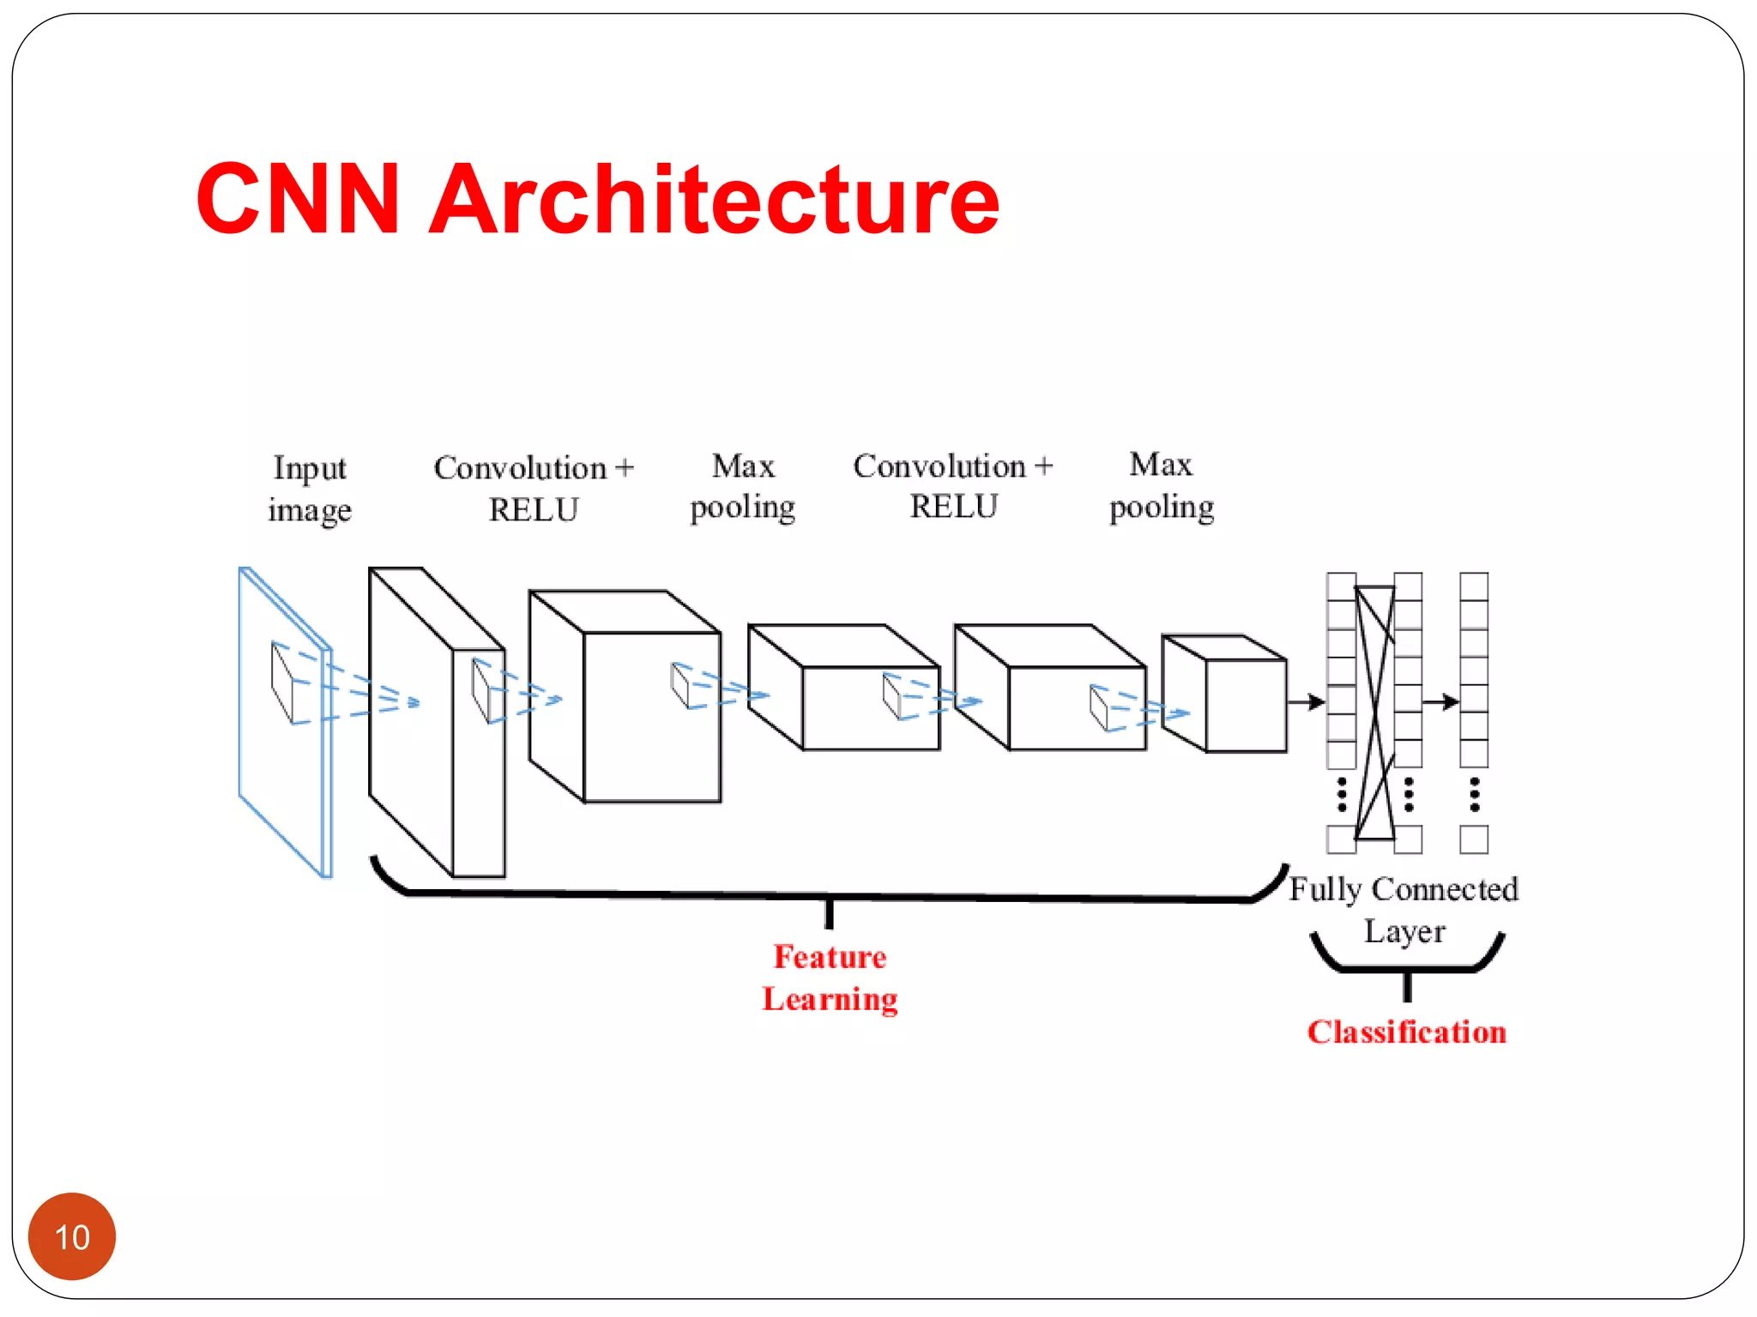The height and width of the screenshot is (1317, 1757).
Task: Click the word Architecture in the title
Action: [714, 199]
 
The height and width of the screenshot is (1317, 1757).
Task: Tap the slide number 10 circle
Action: [72, 1236]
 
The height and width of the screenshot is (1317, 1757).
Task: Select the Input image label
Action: [309, 489]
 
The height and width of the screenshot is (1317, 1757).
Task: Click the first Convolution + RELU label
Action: [533, 489]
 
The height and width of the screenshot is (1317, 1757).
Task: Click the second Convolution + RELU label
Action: [952, 486]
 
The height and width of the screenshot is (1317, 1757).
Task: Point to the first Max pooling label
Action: [743, 486]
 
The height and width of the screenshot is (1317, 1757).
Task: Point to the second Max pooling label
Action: [1162, 485]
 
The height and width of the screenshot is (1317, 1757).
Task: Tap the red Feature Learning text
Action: [830, 977]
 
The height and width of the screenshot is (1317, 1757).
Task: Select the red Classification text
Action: [1406, 1031]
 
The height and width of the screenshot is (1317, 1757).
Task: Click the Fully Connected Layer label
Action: [1404, 909]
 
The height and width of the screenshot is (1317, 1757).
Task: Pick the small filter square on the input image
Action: [283, 682]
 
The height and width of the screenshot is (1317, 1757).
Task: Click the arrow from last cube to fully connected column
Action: [1306, 702]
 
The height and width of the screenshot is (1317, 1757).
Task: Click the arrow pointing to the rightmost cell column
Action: [1440, 702]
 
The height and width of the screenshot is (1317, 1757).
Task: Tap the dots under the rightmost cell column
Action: [1474, 795]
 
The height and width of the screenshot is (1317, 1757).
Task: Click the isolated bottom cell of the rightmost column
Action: [1474, 839]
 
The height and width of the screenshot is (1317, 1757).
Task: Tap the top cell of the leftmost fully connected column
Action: [1341, 586]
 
